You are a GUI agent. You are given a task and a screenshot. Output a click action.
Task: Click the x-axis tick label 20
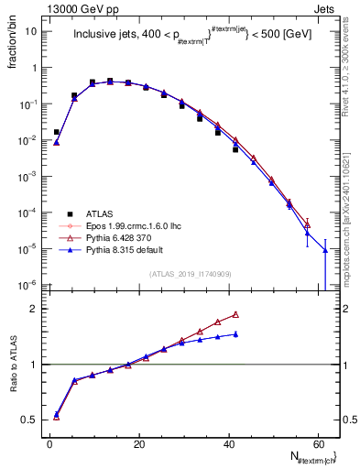point(138,443)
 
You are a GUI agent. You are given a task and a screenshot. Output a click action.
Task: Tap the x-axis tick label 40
point(227,443)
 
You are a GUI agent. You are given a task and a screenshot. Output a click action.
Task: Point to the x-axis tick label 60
point(316,443)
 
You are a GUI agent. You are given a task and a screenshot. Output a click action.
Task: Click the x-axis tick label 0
point(49,443)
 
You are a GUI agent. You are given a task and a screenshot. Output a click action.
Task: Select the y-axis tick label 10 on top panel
point(30,31)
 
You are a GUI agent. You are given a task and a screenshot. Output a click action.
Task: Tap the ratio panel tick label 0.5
point(30,420)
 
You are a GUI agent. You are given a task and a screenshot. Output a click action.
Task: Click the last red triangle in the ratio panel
point(235,314)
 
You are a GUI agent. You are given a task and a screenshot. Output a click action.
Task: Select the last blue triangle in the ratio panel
point(235,334)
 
